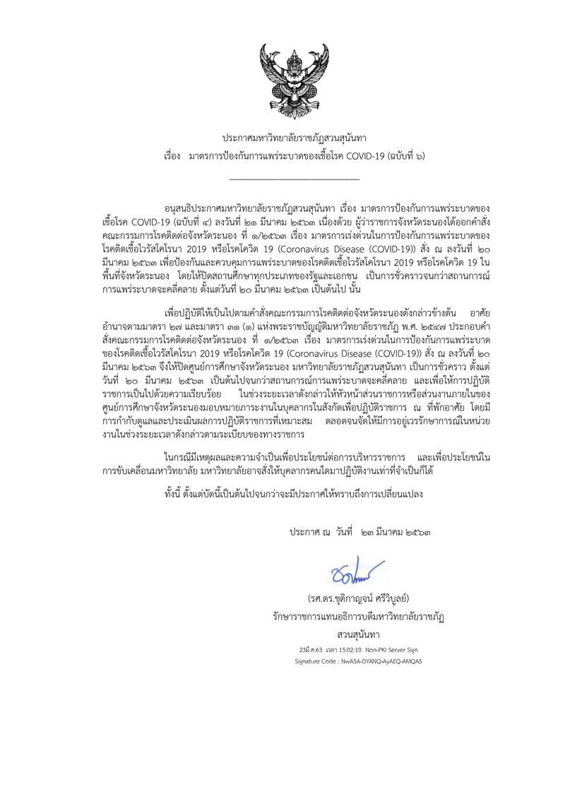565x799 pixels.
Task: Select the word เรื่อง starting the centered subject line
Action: [x=172, y=154]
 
